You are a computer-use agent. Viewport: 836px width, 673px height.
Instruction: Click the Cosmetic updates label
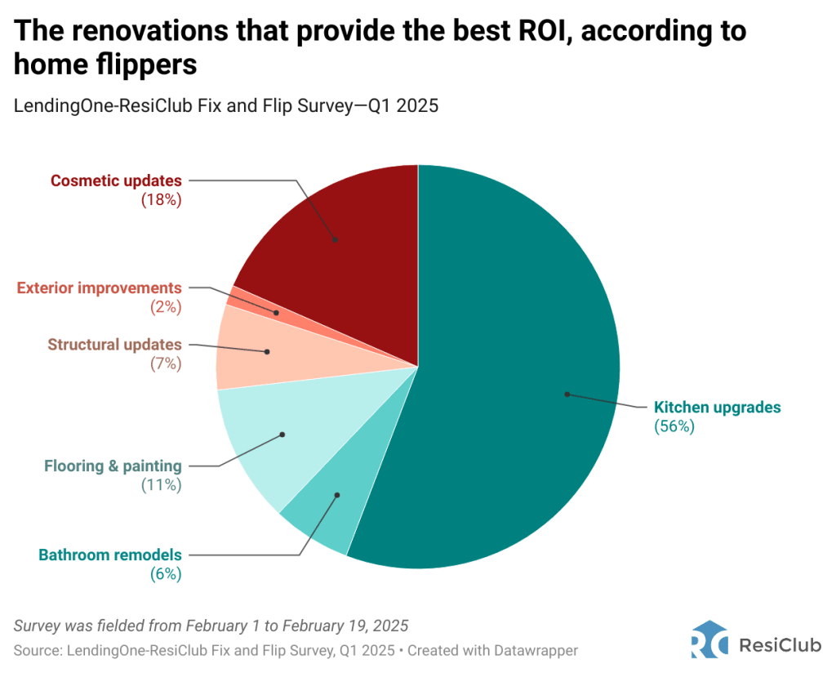[116, 181]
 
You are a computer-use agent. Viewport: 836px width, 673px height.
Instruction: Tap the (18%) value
[161, 199]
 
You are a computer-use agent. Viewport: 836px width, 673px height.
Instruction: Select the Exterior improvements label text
[99, 288]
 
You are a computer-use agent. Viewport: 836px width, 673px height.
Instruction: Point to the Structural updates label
[114, 345]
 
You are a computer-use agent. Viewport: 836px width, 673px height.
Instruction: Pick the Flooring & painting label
[113, 466]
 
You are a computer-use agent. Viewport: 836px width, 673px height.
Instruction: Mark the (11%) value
[161, 485]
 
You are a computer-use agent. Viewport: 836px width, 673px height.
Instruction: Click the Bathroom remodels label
[110, 555]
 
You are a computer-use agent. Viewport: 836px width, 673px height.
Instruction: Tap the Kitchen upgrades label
[718, 407]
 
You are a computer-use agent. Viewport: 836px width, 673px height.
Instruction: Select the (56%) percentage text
[674, 426]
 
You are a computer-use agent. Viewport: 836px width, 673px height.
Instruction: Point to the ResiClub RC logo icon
[709, 640]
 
